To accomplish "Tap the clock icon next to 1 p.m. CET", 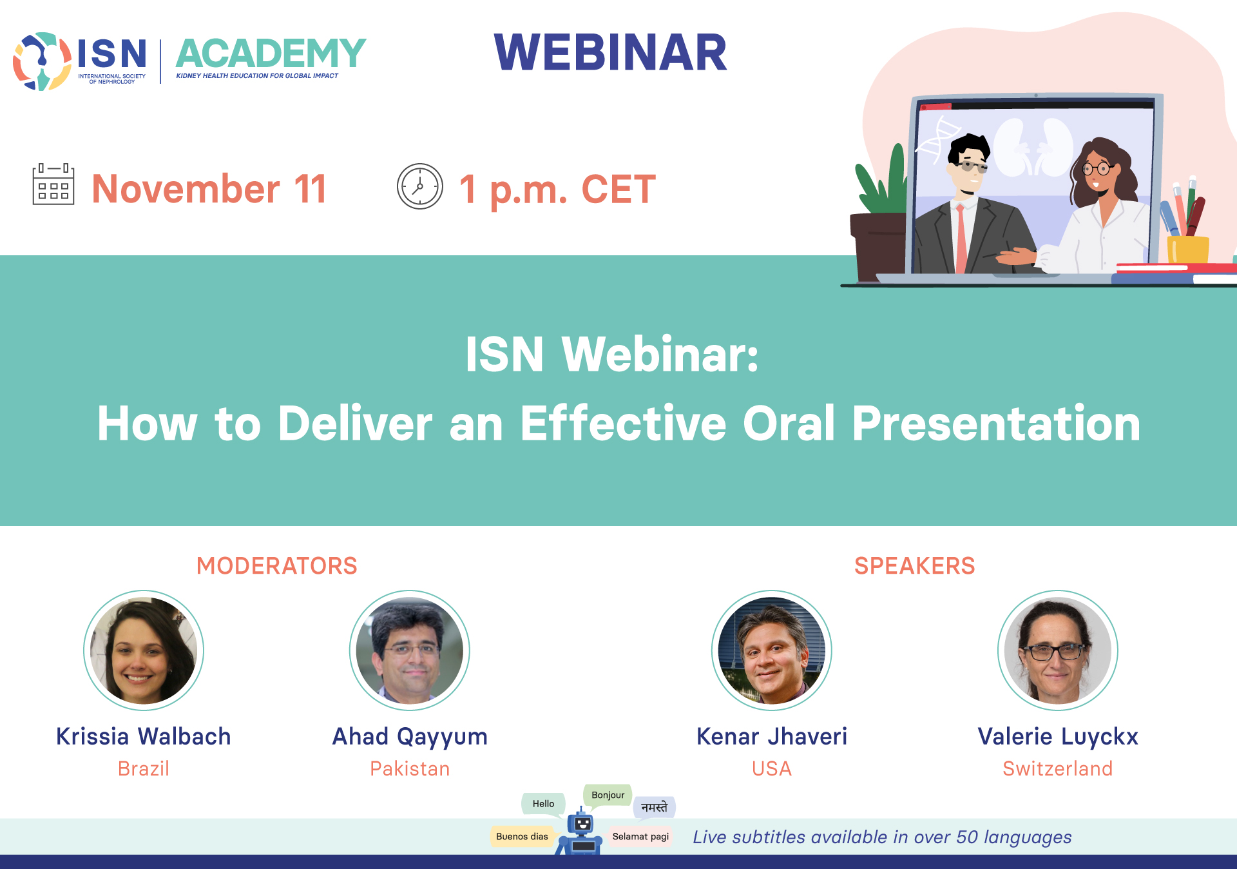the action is pyautogui.click(x=420, y=186).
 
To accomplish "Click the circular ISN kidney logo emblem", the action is pyautogui.click(x=42, y=61).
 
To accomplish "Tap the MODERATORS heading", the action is pyautogui.click(x=277, y=565).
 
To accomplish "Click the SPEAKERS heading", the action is pyautogui.click(x=914, y=565).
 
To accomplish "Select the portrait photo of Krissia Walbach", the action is pyautogui.click(x=144, y=650).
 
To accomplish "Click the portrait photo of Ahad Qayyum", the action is pyautogui.click(x=410, y=650).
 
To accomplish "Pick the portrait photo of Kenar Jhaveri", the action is pyautogui.click(x=772, y=650).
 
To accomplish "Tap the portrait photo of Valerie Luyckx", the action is pyautogui.click(x=1058, y=650).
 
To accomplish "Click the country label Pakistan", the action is pyautogui.click(x=410, y=768).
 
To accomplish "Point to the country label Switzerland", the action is pyautogui.click(x=1058, y=768).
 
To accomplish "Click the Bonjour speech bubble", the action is pyautogui.click(x=608, y=795).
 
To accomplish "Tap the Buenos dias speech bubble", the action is pyautogui.click(x=522, y=836).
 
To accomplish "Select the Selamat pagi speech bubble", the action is pyautogui.click(x=640, y=836).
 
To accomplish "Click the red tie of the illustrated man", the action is pyautogui.click(x=961, y=239).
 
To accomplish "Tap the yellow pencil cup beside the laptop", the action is pyautogui.click(x=1188, y=250).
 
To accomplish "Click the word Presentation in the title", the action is pyautogui.click(x=996, y=424).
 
